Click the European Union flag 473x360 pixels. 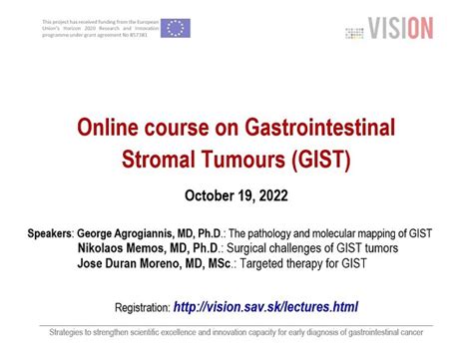[176, 27]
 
